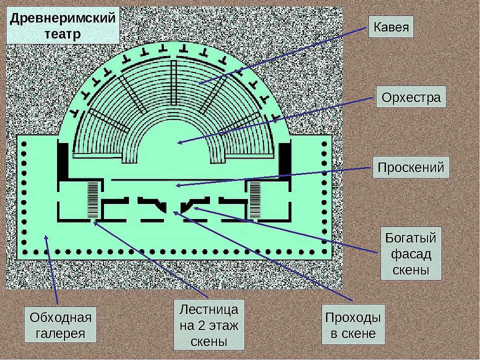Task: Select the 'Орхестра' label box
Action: pos(411,97)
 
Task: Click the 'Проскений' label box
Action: pos(411,167)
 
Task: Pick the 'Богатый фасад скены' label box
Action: pos(411,254)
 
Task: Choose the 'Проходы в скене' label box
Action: pos(353,325)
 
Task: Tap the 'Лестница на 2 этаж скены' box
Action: pos(209,325)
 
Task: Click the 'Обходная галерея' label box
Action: pos(61,325)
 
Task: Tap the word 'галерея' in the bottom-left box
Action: pos(61,333)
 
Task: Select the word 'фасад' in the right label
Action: pos(411,254)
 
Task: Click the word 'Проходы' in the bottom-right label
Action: pos(353,317)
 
